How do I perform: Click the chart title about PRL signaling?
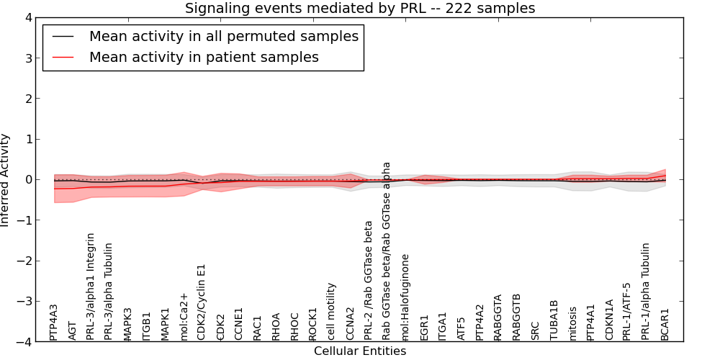359,9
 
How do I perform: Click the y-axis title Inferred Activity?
6,179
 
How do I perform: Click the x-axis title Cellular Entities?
359,351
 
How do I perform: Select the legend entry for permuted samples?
223,36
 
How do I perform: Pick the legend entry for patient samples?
204,57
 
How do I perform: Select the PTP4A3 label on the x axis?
54,321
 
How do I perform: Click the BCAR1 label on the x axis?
665,324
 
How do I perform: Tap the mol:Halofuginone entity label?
405,297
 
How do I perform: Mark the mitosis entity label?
573,323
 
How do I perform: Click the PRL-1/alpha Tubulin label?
647,291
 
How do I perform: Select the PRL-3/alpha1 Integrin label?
91,286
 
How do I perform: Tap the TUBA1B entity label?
554,320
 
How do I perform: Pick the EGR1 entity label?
425,327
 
